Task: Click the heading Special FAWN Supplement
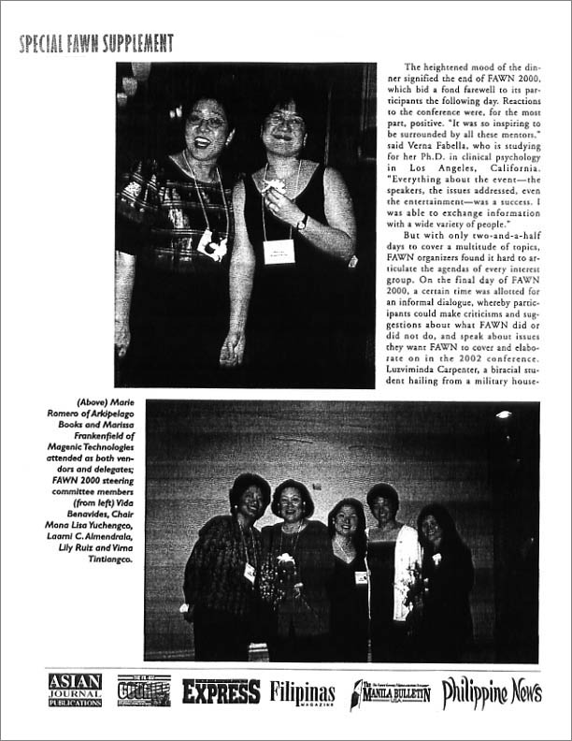pyautogui.click(x=96, y=43)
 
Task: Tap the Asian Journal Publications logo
pyautogui.click(x=75, y=690)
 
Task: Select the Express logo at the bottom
pyautogui.click(x=221, y=691)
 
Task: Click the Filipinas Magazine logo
pyautogui.click(x=303, y=693)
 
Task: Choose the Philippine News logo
pyautogui.click(x=492, y=691)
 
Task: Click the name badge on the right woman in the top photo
pyautogui.click(x=279, y=251)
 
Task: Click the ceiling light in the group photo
pyautogui.click(x=504, y=414)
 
